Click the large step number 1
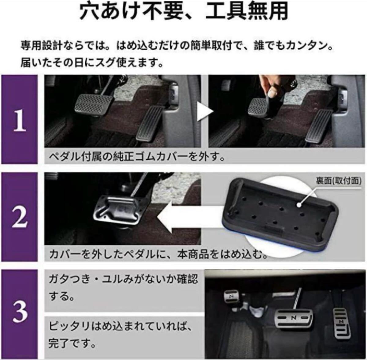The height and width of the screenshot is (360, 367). [20, 120]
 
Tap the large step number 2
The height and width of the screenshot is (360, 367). [20, 217]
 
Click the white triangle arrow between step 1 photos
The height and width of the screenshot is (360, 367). [204, 111]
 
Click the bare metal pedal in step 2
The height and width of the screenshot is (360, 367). [119, 210]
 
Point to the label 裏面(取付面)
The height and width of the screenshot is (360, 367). [339, 181]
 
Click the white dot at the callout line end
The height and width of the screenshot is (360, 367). [299, 205]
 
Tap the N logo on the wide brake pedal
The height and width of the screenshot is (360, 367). [294, 318]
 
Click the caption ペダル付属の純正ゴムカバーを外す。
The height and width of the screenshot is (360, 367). [137, 157]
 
